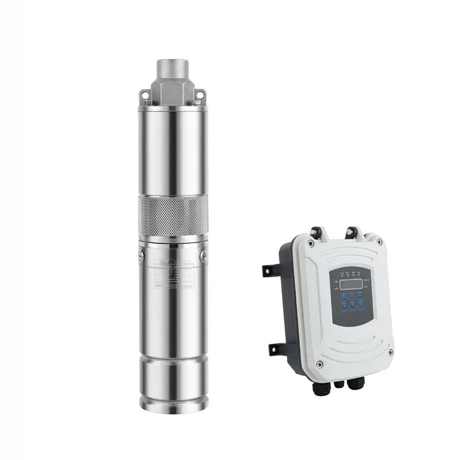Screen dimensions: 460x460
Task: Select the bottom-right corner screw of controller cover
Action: [390, 352]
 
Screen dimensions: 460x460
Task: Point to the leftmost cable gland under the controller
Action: [318, 387]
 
